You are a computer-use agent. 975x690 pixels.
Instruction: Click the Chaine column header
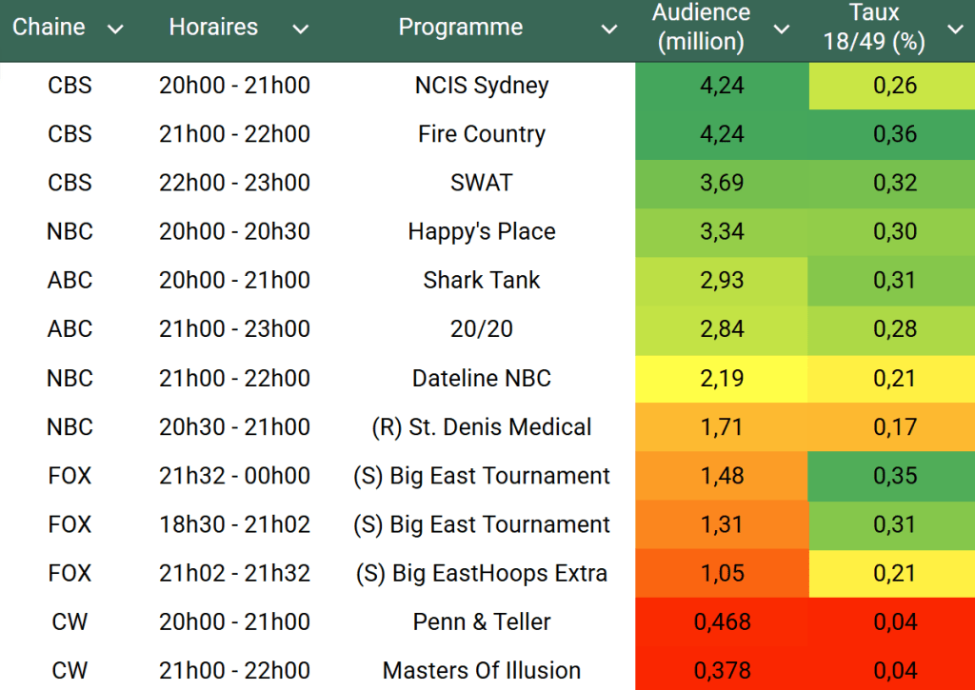click(x=48, y=28)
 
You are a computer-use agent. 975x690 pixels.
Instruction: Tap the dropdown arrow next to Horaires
click(x=301, y=30)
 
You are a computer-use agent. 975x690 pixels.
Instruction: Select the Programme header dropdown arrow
click(x=609, y=30)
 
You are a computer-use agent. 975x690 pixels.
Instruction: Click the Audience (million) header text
click(x=702, y=28)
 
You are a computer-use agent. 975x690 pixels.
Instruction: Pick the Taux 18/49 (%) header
click(x=874, y=28)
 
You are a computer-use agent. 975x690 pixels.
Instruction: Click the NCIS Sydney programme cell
click(x=482, y=86)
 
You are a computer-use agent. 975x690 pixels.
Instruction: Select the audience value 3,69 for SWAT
click(x=722, y=183)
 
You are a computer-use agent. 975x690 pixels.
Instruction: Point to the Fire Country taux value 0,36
click(x=895, y=134)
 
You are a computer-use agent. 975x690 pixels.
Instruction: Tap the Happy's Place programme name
click(x=482, y=231)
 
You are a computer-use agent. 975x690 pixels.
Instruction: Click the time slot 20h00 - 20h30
click(x=234, y=231)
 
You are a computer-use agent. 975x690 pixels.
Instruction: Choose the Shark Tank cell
click(x=482, y=280)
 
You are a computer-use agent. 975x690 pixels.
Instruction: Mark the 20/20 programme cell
click(x=482, y=329)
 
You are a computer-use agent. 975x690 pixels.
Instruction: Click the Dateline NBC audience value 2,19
click(x=722, y=378)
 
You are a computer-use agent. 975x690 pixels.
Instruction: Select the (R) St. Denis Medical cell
click(x=482, y=426)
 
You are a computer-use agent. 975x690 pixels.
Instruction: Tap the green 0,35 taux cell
click(x=895, y=476)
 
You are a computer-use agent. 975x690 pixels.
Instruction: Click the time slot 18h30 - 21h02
click(x=234, y=524)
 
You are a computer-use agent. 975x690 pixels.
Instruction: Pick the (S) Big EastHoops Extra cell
click(x=482, y=573)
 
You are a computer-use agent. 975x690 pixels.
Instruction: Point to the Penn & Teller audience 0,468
click(x=722, y=622)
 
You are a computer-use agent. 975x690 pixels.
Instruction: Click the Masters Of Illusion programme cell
click(x=482, y=671)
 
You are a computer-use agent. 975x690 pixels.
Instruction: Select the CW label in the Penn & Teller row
click(x=70, y=622)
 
